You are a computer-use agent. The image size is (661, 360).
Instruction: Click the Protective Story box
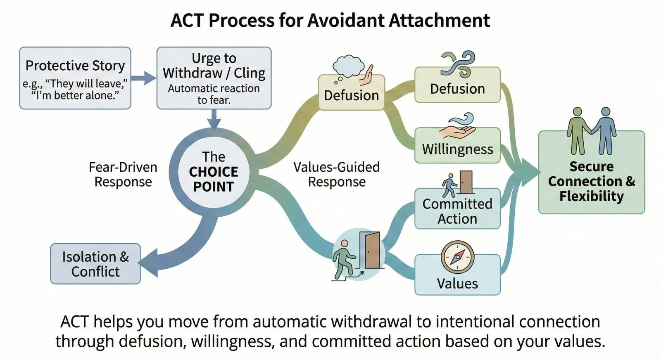point(75,78)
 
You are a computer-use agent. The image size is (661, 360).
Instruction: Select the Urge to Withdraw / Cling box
point(214,78)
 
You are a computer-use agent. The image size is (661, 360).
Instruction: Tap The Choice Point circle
point(214,172)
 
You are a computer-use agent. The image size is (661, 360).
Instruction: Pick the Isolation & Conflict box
point(95,264)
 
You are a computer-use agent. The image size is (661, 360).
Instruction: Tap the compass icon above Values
point(457,257)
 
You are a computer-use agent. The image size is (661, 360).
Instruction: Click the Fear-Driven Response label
point(123,174)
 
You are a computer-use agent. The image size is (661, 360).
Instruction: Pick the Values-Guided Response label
point(337,174)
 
